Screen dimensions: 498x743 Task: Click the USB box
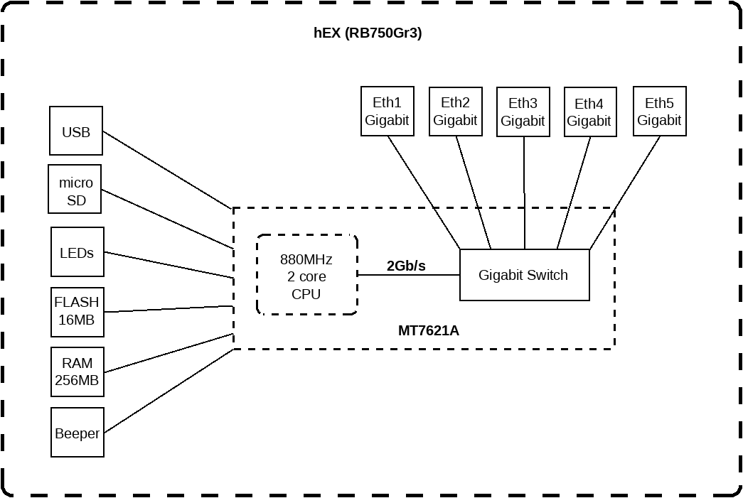click(76, 131)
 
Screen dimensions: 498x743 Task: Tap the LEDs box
click(77, 252)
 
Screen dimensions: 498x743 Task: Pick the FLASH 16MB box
click(77, 311)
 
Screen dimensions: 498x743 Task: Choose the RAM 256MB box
click(77, 372)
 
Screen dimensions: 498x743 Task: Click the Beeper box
click(77, 433)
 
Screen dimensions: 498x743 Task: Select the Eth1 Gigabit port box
click(387, 111)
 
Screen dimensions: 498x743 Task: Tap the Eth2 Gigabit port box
click(455, 111)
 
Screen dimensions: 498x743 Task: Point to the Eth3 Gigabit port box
click(523, 112)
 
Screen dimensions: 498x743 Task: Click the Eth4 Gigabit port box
click(589, 112)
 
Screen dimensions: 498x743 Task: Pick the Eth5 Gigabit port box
click(659, 111)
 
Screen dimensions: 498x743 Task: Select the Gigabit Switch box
click(525, 275)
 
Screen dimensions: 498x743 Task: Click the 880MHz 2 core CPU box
click(306, 275)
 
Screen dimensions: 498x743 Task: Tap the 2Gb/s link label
click(406, 266)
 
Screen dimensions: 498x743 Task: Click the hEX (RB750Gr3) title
click(368, 33)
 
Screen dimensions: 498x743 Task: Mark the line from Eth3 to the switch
click(525, 192)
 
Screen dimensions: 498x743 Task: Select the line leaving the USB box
click(167, 170)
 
